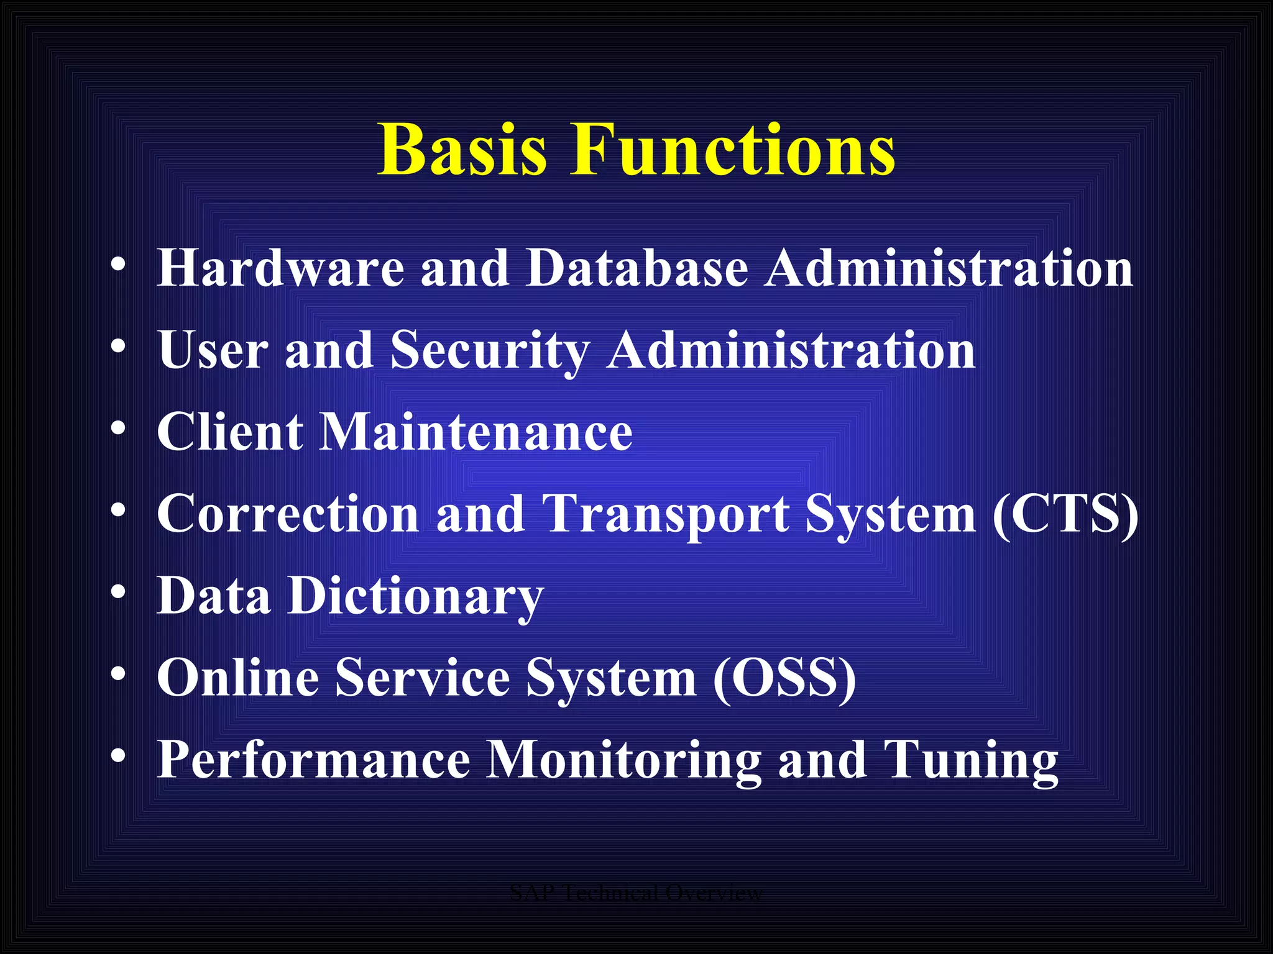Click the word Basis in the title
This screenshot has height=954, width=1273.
pyautogui.click(x=463, y=150)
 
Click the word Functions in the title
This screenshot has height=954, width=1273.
pyautogui.click(x=733, y=150)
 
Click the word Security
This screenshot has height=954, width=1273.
pyautogui.click(x=490, y=351)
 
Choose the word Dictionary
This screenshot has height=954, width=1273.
pyautogui.click(x=415, y=597)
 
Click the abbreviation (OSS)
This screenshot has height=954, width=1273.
pyautogui.click(x=784, y=678)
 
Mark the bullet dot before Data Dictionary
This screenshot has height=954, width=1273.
pyautogui.click(x=118, y=593)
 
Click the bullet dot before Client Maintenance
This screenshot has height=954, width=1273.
pyautogui.click(x=118, y=428)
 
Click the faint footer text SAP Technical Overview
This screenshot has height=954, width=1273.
pyautogui.click(x=635, y=893)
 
